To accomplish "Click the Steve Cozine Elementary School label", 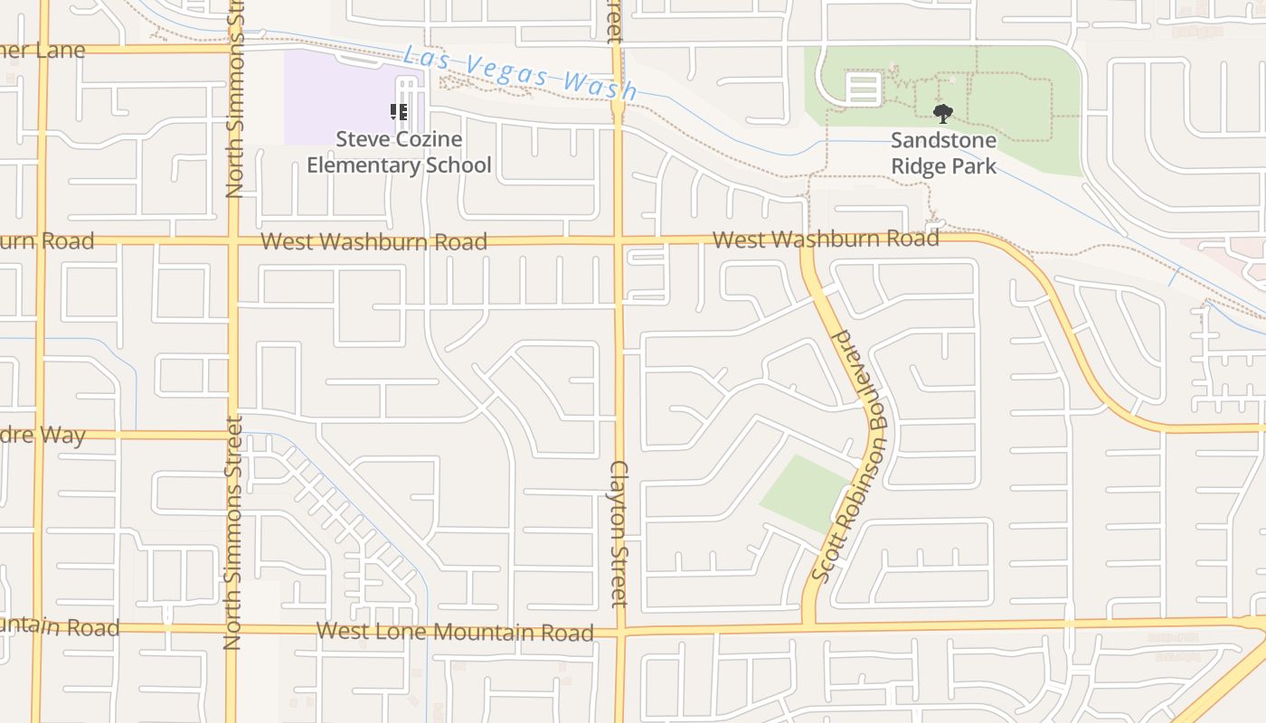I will [x=399, y=152].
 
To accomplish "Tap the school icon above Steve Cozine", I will [x=399, y=112].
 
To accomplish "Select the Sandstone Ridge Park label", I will [x=943, y=153].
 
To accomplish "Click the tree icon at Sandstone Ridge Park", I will [x=943, y=113].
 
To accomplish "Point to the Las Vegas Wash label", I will [x=520, y=72].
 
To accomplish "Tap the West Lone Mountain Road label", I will [x=455, y=631].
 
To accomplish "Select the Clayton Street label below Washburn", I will [x=619, y=533].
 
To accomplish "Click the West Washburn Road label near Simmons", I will [x=373, y=241].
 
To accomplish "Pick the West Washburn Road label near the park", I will [x=825, y=239].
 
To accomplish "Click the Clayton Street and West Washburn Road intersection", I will [x=619, y=240].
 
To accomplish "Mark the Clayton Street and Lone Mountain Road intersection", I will [x=620, y=630].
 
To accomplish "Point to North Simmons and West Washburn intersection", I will [x=233, y=241].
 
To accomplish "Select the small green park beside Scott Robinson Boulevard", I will [x=804, y=493].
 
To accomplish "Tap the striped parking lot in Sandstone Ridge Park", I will [x=863, y=89].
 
